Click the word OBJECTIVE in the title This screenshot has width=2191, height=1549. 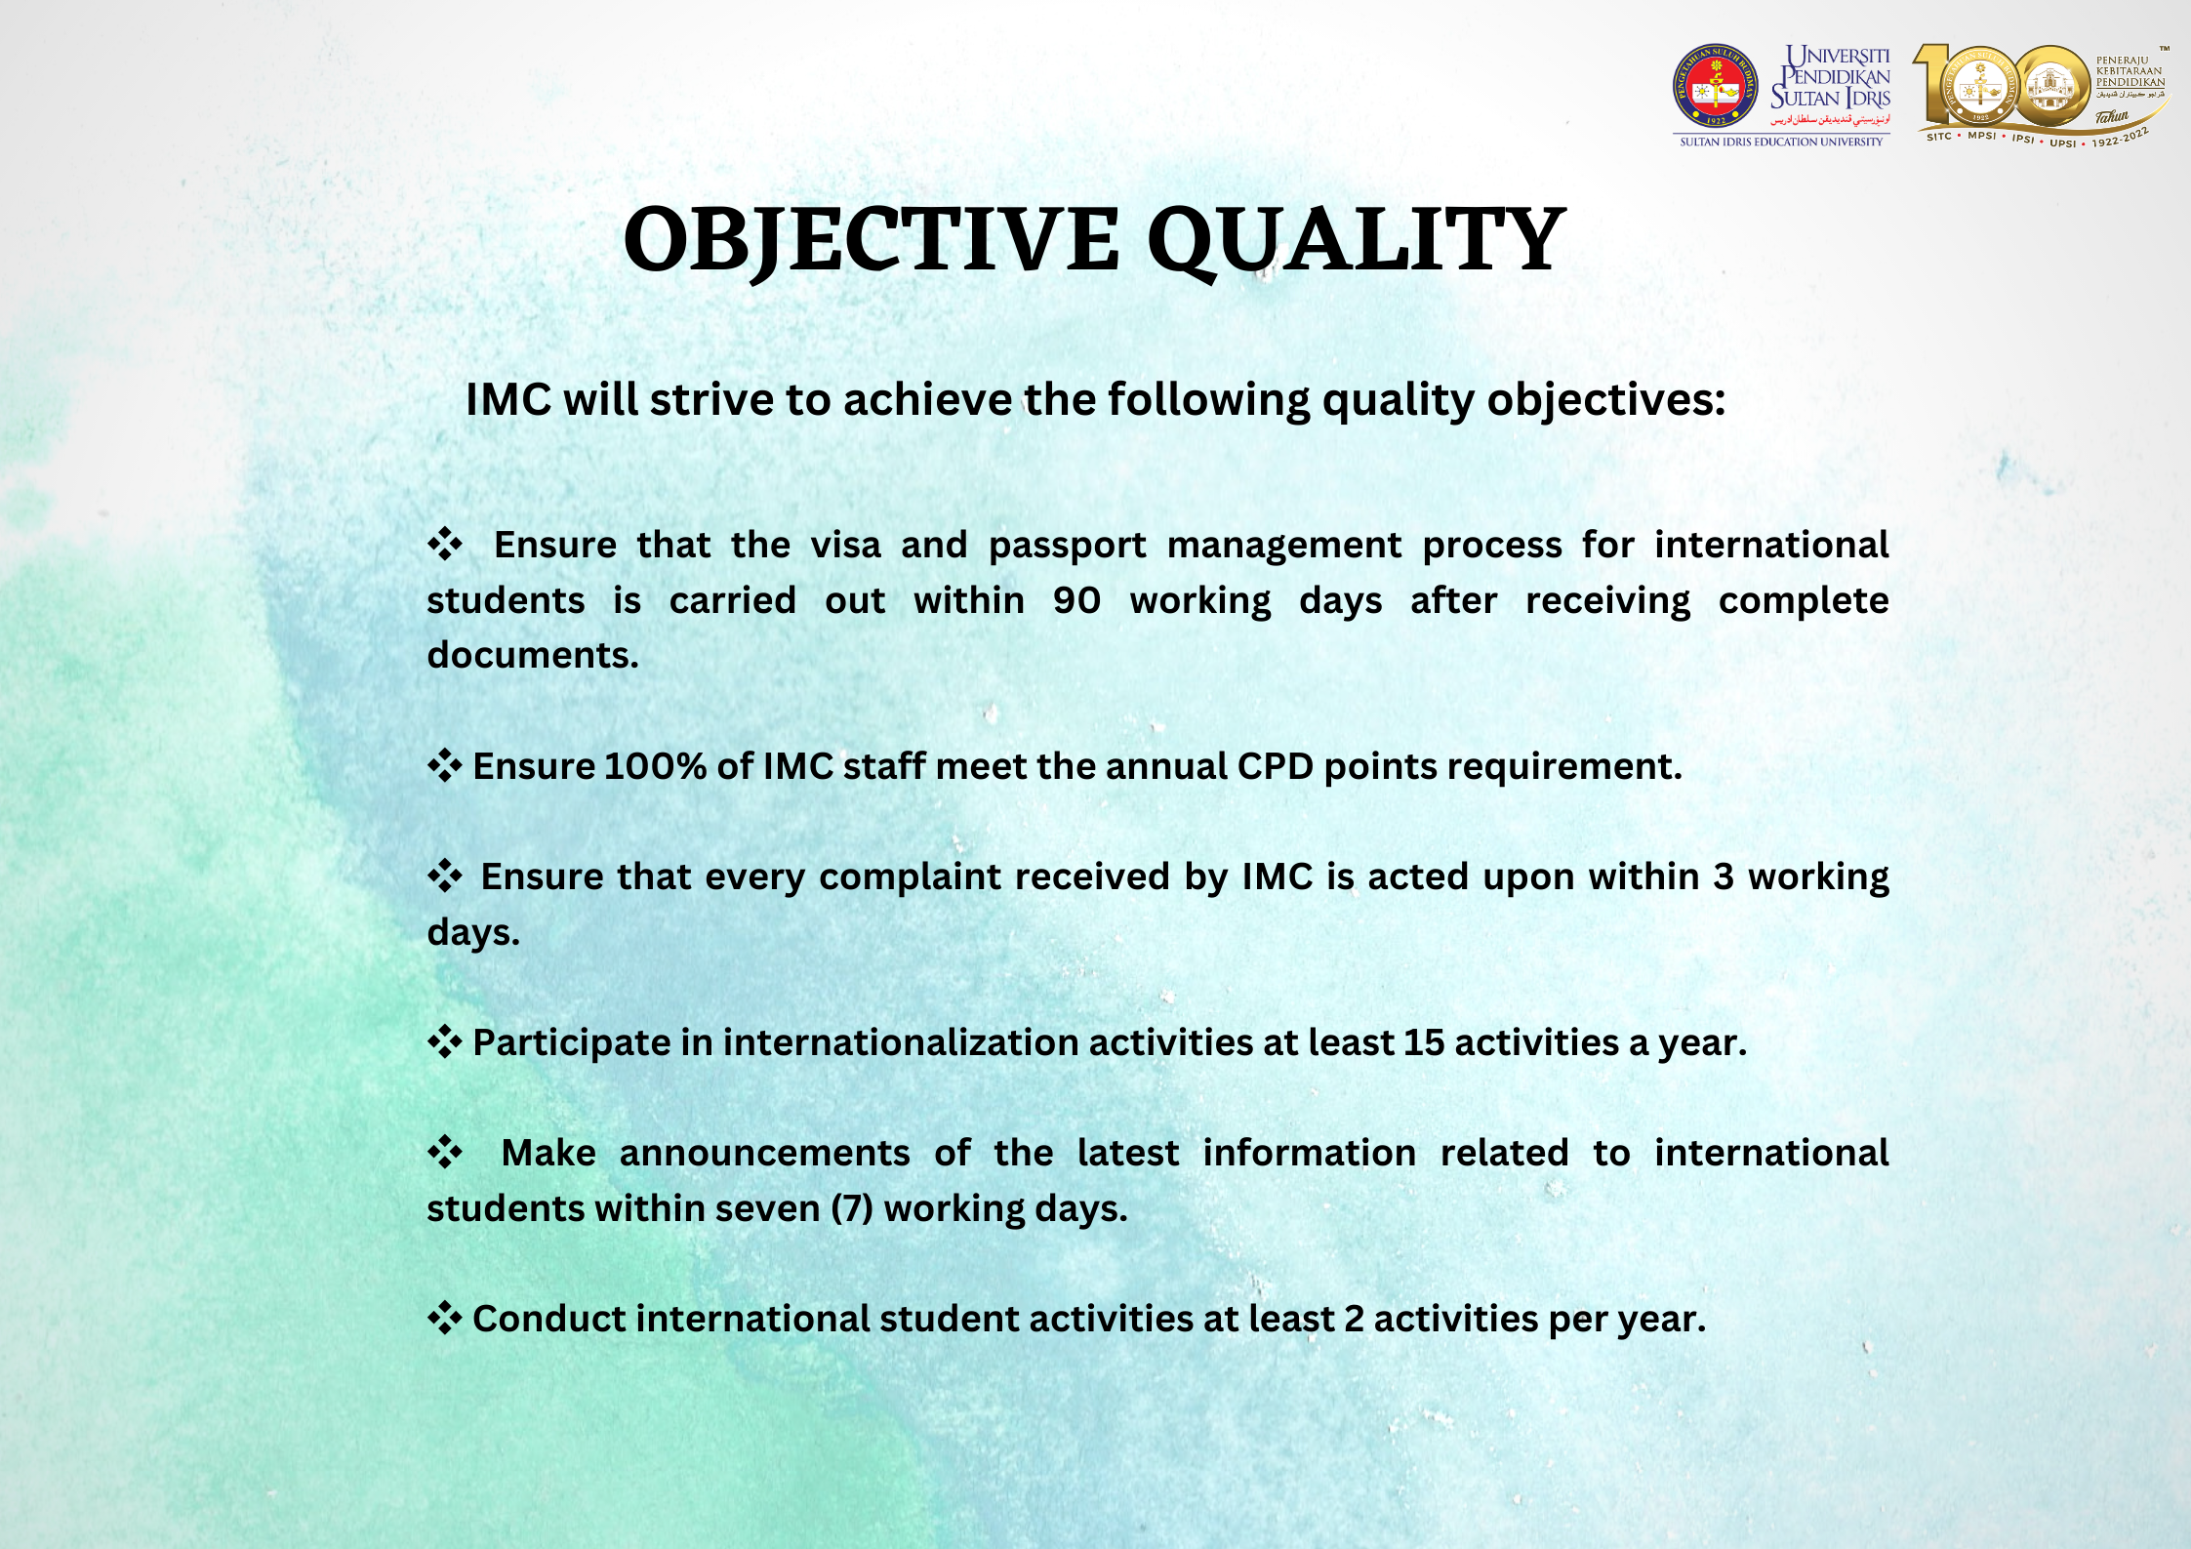click(x=872, y=240)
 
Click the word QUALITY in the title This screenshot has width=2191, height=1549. click(x=1357, y=240)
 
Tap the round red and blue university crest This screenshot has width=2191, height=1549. click(x=1715, y=86)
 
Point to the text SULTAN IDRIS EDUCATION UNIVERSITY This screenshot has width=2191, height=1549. click(x=1781, y=143)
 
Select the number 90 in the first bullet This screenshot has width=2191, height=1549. click(x=1076, y=600)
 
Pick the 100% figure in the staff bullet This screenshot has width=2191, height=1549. click(x=655, y=766)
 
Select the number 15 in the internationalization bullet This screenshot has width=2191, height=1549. click(x=1424, y=1042)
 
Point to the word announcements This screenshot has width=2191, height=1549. click(x=764, y=1154)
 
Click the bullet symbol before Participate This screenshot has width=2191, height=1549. click(x=445, y=1041)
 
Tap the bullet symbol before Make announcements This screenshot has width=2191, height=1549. click(x=445, y=1152)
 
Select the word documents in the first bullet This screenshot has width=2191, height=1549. click(x=533, y=655)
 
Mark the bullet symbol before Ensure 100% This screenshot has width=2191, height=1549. click(x=445, y=765)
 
